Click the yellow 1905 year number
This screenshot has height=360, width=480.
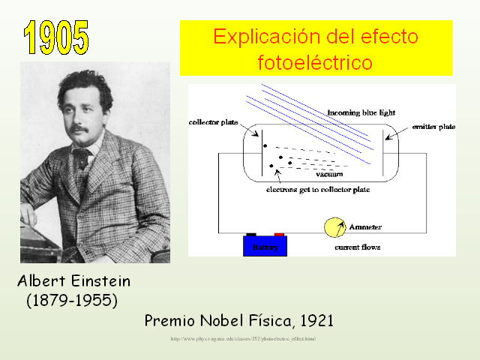pos(55,37)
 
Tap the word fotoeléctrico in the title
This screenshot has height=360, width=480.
pos(314,61)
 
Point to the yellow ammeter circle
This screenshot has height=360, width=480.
pos(334,227)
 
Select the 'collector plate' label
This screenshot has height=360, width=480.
pos(213,121)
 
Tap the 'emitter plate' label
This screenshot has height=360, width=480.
pos(433,126)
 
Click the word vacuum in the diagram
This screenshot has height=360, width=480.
pos(329,174)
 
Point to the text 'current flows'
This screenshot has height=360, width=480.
pos(357,247)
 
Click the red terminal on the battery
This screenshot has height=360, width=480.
pos(278,235)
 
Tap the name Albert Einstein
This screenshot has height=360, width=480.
pos(74,282)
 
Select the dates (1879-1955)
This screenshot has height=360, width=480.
pos(72,300)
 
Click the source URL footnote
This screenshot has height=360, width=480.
pos(243,339)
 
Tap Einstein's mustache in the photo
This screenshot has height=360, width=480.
pos(79,128)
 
